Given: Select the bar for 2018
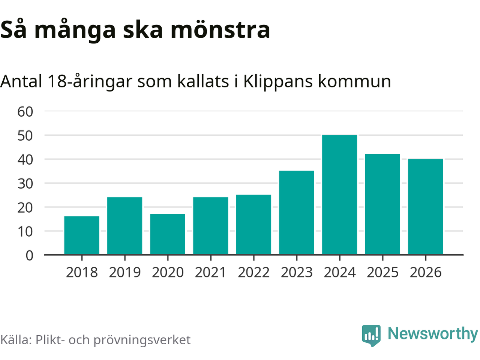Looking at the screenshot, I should pos(82,235).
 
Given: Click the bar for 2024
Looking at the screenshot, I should pos(339,195).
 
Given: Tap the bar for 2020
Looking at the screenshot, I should pos(168,234).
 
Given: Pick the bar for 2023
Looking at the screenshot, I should pos(297,213).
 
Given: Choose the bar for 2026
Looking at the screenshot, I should pos(425,207).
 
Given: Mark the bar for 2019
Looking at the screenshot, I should pos(125,226).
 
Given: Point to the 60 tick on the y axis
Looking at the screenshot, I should pos(25,111).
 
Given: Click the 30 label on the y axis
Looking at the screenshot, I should pos(25,183).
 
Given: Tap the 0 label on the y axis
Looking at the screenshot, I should pos(29,255).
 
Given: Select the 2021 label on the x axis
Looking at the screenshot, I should pos(211,272).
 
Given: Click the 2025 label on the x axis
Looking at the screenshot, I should pos(382,272).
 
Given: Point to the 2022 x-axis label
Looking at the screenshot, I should pos(254,272).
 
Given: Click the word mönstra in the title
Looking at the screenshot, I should pos(220,30).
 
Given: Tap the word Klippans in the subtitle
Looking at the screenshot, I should pos(278,81).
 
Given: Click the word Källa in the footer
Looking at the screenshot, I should pos(15,340).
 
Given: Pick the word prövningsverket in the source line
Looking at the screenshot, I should pos(142,340).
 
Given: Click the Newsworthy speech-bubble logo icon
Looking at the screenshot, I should pos(371,335).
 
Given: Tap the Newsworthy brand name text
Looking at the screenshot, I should pos(432,333).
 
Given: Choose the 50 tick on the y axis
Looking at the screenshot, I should pos(25,135).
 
